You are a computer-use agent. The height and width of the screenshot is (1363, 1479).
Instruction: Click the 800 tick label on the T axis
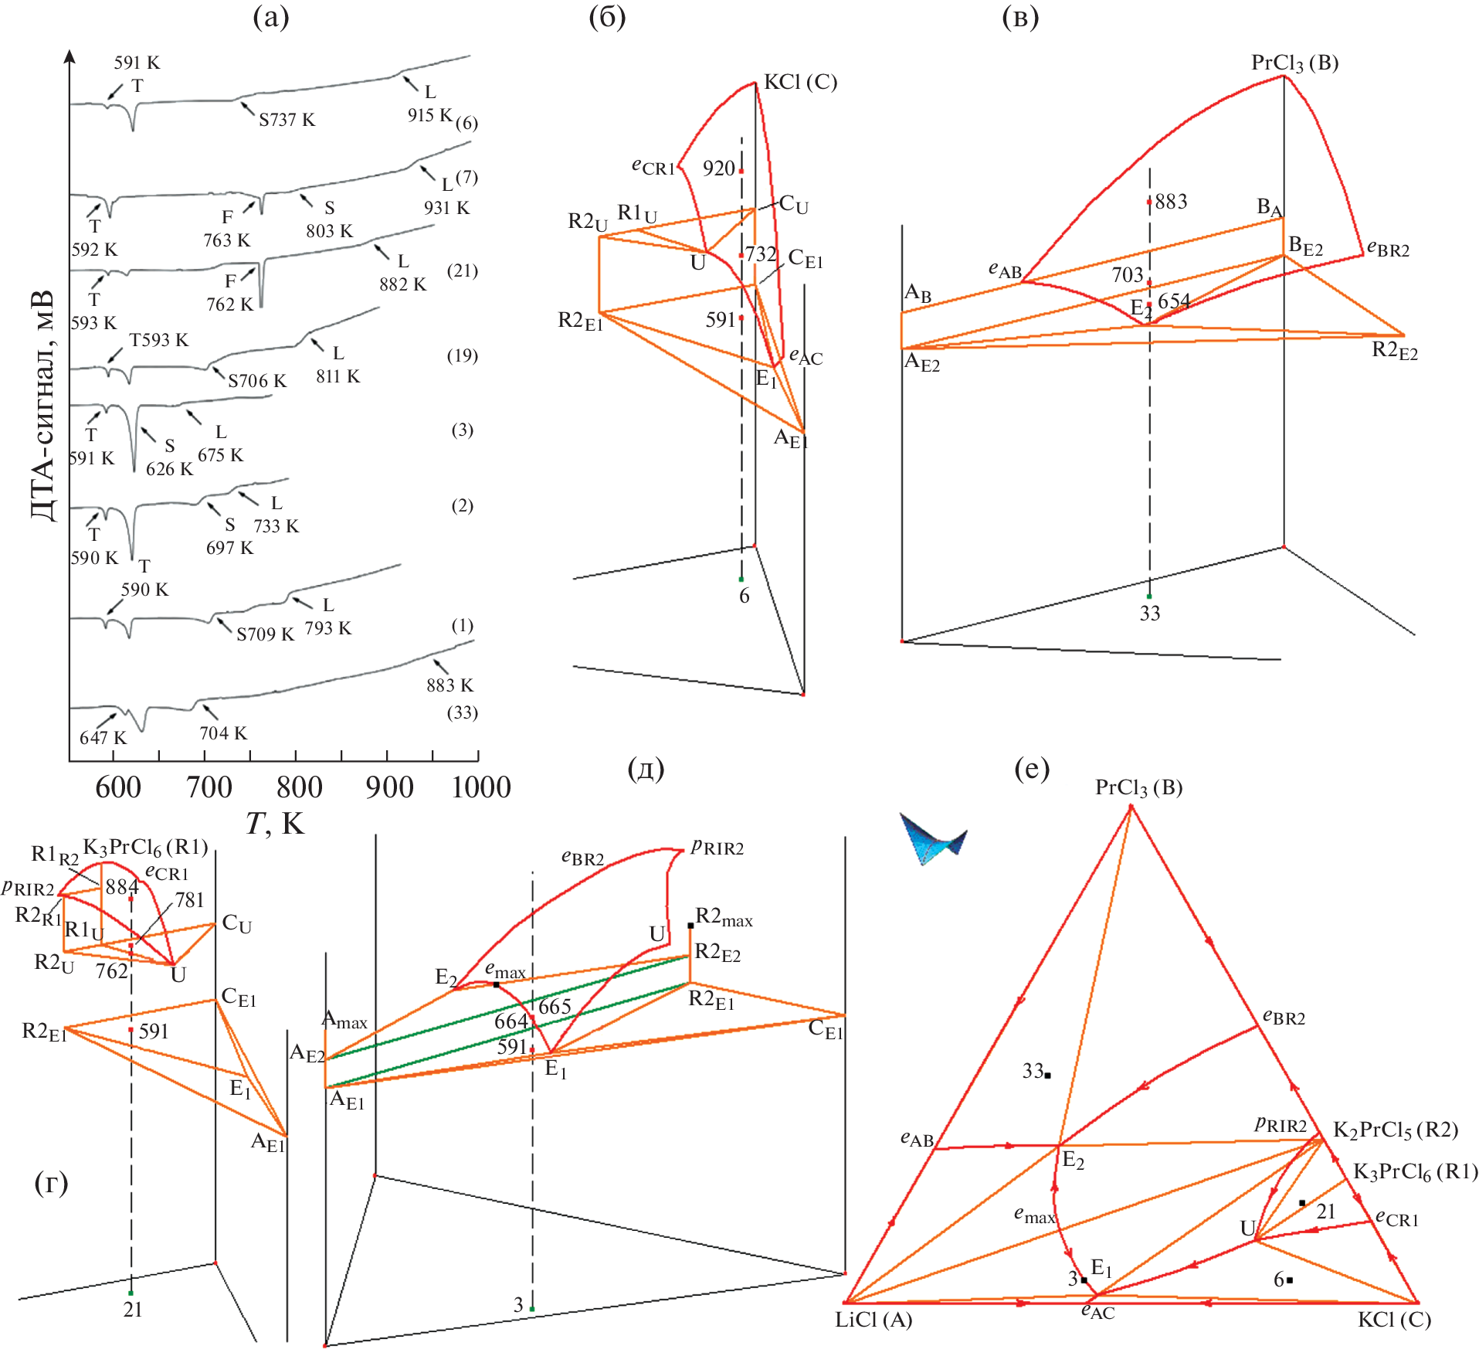coord(299,787)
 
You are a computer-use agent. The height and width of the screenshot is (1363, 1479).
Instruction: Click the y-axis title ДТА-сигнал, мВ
coord(43,406)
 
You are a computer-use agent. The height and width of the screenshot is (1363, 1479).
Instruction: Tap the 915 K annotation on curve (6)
coord(430,115)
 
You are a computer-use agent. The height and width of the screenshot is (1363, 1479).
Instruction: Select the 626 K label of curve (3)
coord(169,469)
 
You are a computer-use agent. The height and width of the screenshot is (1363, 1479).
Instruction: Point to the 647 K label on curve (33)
coord(103,738)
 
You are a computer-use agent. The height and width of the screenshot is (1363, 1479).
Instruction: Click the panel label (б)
coord(607,17)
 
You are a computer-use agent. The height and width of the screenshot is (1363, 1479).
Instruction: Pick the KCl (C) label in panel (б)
coord(800,82)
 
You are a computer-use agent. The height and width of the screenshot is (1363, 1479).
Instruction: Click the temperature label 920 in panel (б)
coord(718,168)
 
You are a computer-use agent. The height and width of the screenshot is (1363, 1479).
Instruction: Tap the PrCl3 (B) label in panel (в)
coord(1294,63)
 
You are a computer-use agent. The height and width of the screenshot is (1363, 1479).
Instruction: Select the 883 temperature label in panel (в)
coord(1171,202)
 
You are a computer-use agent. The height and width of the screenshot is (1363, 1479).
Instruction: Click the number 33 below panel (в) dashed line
coord(1149,614)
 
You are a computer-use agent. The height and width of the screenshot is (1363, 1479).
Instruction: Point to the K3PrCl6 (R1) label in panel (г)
coord(145,847)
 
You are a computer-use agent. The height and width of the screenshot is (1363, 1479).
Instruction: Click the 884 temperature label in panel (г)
coord(121,887)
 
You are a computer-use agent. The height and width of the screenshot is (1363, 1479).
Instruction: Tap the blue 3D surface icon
coord(933,838)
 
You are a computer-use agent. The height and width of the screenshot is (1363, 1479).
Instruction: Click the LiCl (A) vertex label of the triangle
coord(873,1320)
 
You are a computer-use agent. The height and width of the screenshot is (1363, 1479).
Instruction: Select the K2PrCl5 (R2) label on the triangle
coord(1396,1130)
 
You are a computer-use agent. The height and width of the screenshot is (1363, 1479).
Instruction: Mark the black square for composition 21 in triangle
coord(1302,1203)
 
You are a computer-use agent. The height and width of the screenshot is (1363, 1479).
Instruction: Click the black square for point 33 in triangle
coord(1047,1076)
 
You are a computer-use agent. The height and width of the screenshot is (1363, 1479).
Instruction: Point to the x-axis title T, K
coord(275,824)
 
